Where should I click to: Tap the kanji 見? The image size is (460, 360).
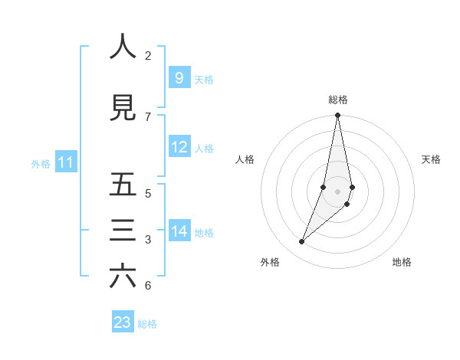[x=123, y=108]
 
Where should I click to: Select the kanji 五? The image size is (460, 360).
[x=123, y=185]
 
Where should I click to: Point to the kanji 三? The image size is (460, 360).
[x=123, y=231]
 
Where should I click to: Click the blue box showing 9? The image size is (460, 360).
[x=179, y=77]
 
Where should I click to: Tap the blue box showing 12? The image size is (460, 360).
[x=179, y=147]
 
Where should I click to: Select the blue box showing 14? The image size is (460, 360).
[x=179, y=231]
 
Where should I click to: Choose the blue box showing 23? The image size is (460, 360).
[x=123, y=322]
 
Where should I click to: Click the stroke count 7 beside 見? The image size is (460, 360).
[x=148, y=116]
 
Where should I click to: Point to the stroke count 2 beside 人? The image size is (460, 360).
[x=148, y=55]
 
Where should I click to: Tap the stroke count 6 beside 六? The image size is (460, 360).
[x=148, y=286]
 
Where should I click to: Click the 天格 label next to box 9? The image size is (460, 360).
[x=204, y=79]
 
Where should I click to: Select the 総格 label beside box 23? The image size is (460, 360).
[x=147, y=324]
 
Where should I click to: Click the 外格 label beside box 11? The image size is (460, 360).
[x=41, y=163]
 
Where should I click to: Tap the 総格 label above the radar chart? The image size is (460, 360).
[x=338, y=100]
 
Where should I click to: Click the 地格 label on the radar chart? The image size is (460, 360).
[x=402, y=262]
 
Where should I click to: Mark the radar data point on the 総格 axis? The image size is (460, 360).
[x=338, y=116]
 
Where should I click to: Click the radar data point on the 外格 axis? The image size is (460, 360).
[x=302, y=242]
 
